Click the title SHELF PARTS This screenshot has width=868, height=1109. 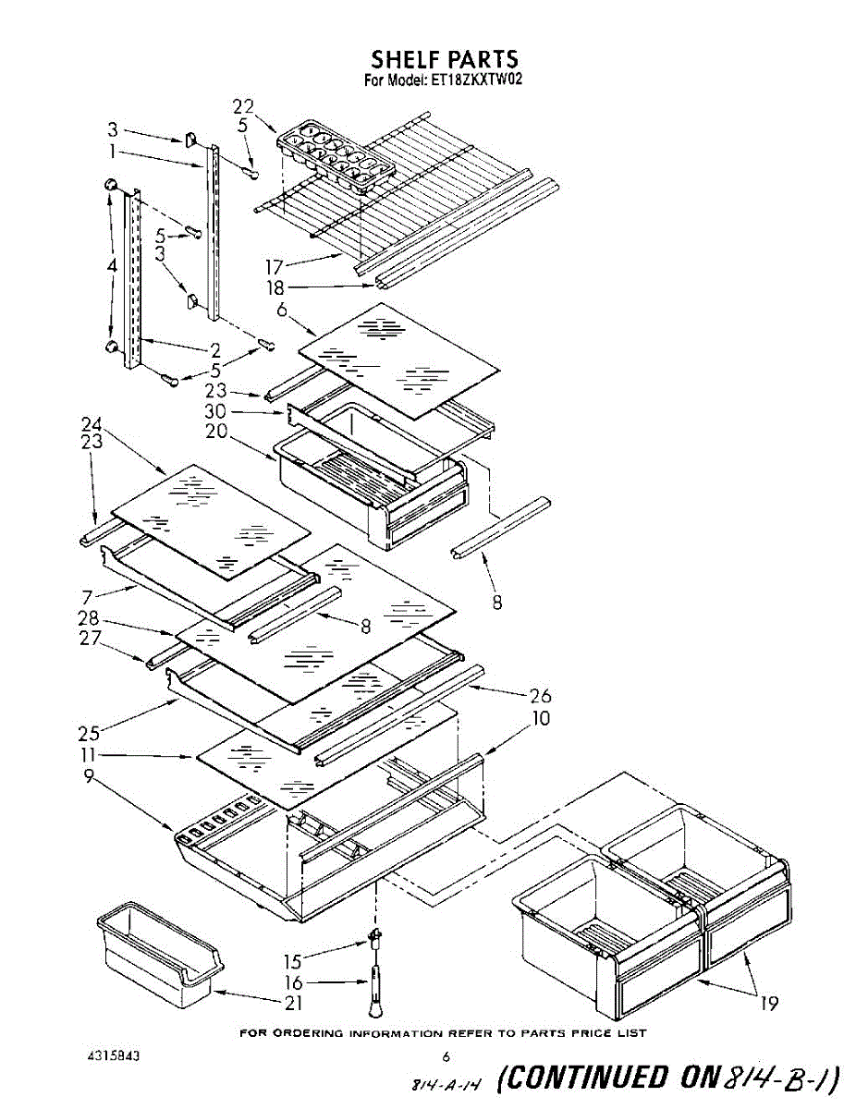tap(444, 60)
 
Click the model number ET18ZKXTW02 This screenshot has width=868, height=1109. tap(477, 80)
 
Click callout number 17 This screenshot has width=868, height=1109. tap(275, 268)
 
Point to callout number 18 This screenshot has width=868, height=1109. tap(275, 288)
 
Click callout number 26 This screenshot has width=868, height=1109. tap(541, 696)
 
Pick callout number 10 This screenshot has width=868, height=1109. tap(541, 718)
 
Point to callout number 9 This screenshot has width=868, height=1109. tap(89, 778)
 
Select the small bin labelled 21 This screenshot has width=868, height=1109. tap(160, 957)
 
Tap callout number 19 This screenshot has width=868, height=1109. tap(769, 1004)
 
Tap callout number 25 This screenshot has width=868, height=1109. tap(89, 735)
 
